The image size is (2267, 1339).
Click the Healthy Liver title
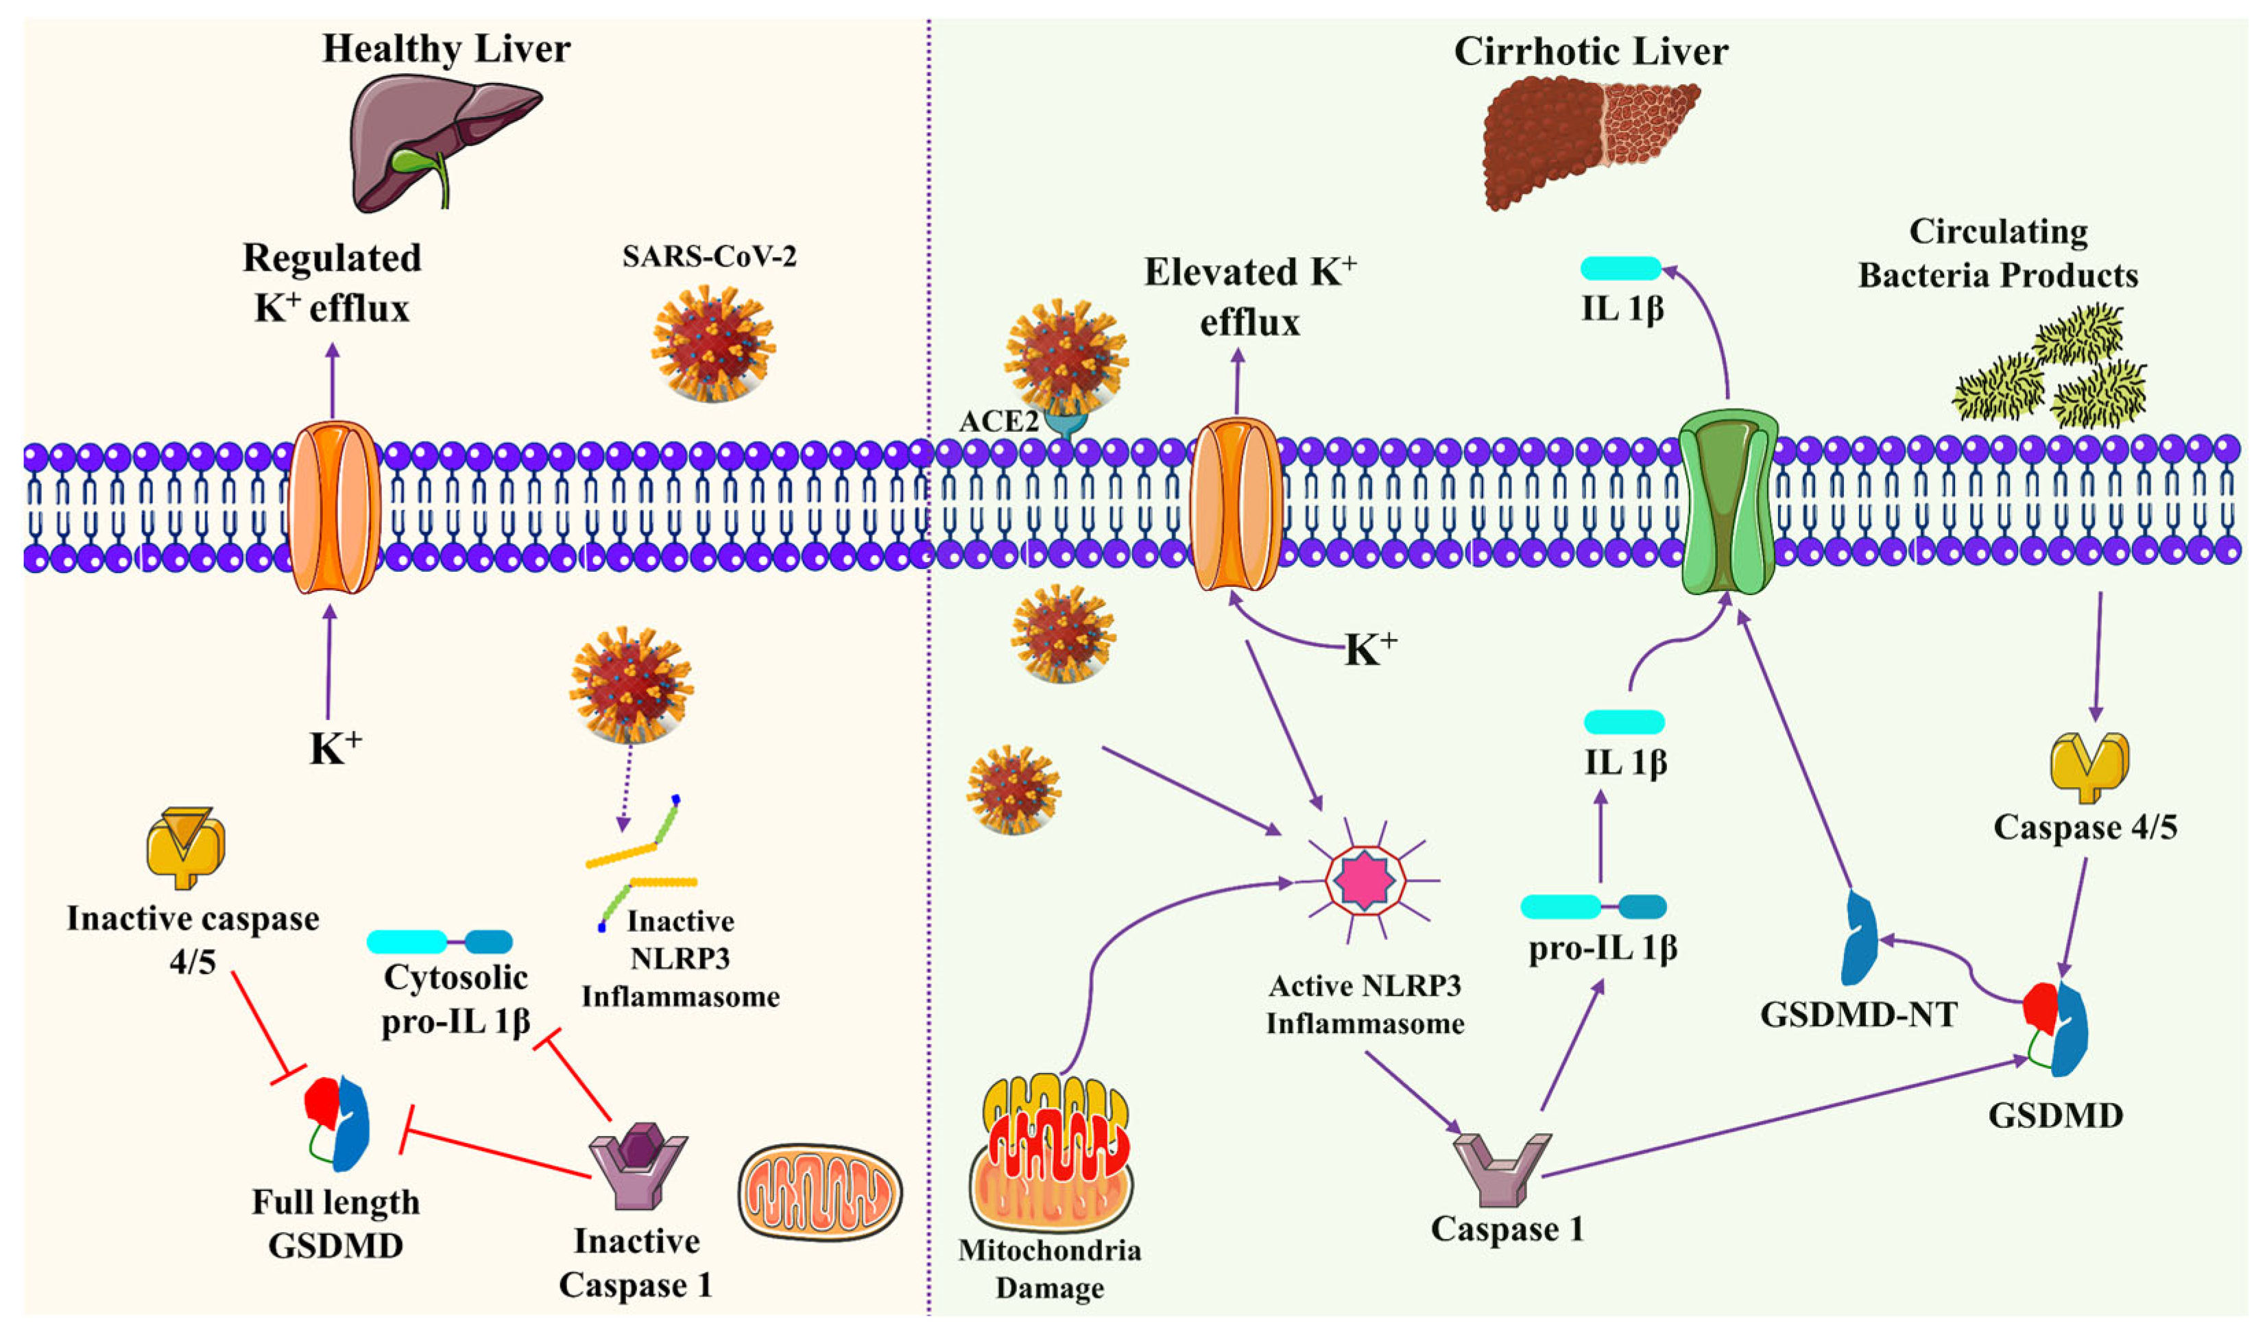[x=446, y=49]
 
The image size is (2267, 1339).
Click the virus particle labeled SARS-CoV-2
[x=712, y=343]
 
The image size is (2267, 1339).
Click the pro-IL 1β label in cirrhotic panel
[x=1602, y=949]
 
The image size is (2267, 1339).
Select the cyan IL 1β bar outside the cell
[x=1621, y=268]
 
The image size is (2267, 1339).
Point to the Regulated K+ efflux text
[x=332, y=282]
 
